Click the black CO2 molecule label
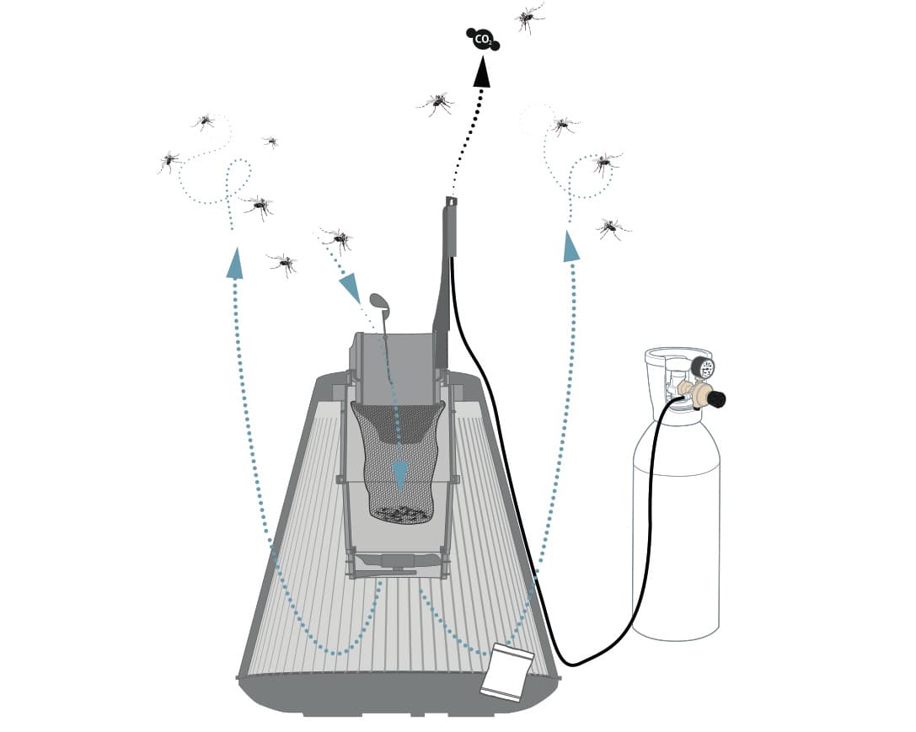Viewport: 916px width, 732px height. pyautogui.click(x=483, y=40)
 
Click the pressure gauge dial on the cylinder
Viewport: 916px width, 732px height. pyautogui.click(x=704, y=366)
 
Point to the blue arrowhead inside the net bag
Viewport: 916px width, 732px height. pyautogui.click(x=400, y=474)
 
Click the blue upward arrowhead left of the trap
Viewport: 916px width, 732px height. pyautogui.click(x=235, y=263)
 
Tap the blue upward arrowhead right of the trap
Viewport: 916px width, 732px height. pyautogui.click(x=570, y=246)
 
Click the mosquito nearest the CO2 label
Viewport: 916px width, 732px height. pyautogui.click(x=528, y=18)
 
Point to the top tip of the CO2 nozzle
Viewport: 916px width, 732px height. pyautogui.click(x=450, y=197)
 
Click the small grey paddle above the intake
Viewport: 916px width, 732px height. pyautogui.click(x=378, y=301)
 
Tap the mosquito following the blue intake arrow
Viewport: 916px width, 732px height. pyautogui.click(x=338, y=238)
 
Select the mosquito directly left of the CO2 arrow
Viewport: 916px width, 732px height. pyautogui.click(x=437, y=104)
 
